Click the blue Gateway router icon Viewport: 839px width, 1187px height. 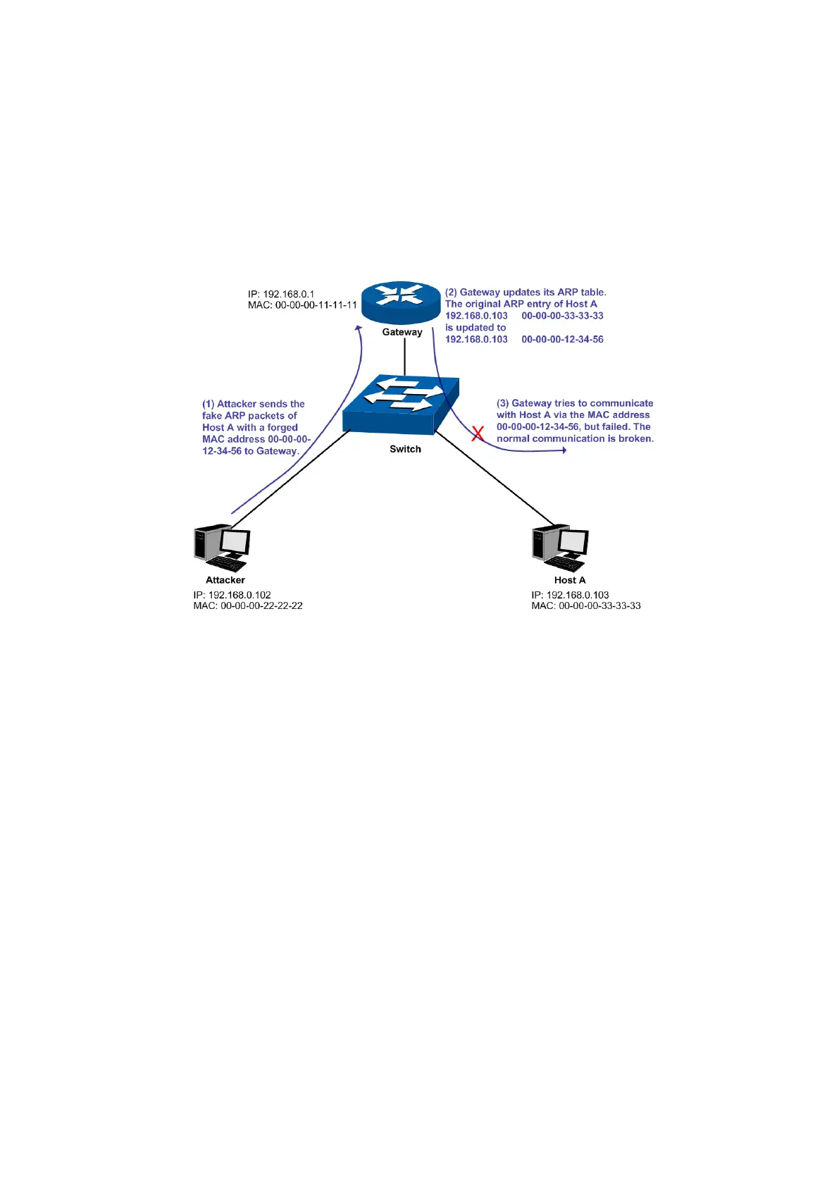coord(400,302)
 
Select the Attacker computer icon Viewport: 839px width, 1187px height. coord(222,548)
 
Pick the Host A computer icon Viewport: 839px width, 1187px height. coord(560,548)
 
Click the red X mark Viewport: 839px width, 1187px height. coord(478,433)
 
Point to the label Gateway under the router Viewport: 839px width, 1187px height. coord(402,332)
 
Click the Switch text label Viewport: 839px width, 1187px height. coord(405,449)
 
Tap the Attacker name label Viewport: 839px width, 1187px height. coord(225,580)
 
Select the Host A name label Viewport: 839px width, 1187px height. coord(570,580)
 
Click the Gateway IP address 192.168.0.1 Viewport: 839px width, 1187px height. coord(281,294)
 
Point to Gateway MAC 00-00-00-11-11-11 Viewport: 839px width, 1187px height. coord(302,305)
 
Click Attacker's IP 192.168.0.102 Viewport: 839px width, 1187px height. coord(232,595)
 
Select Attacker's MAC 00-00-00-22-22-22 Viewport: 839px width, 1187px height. coord(248,605)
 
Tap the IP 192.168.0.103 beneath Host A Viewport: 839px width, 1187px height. coord(570,595)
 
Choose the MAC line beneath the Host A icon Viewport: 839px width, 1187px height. coord(586,605)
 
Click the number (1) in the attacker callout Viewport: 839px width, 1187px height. coord(208,404)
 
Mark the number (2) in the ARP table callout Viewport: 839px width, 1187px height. coord(451,292)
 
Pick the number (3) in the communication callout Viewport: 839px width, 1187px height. coord(502,403)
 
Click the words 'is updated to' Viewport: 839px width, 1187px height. coord(476,327)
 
